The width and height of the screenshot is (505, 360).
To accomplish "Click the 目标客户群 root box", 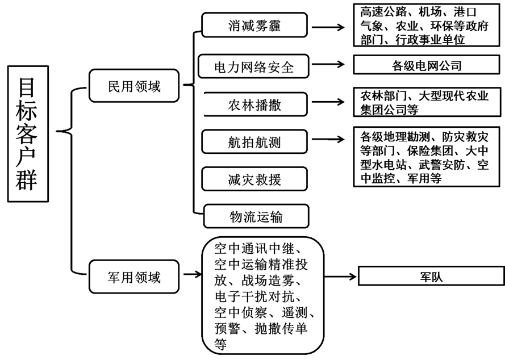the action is coord(28,134).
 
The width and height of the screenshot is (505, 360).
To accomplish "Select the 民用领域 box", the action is coord(134,86).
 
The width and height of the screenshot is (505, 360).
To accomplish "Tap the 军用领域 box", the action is coord(134,277).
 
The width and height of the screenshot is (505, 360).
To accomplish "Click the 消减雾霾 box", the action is coord(254,25).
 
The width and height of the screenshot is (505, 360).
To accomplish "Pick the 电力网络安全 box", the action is coord(254,66).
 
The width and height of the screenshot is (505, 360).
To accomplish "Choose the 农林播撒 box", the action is coord(255,104).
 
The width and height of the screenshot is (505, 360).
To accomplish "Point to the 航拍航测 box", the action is coord(254,142).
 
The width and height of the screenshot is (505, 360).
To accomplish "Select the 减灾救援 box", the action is coord(254,179).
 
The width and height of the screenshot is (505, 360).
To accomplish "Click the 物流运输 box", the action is coord(256,216).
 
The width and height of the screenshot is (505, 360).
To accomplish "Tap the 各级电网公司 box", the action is coord(427,65).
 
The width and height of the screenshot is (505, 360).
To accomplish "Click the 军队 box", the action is coord(432,276).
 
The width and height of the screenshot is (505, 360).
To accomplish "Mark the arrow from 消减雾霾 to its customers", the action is coord(328,27).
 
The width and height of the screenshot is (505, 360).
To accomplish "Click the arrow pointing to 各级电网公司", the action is coord(328,64).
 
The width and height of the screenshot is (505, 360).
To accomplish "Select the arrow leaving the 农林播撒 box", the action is coord(328,102).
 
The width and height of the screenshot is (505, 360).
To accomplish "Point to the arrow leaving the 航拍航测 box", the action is coord(328,139).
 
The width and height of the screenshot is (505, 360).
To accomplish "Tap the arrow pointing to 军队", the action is coord(340,277).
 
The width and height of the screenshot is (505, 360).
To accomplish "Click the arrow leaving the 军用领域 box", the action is coord(193,274).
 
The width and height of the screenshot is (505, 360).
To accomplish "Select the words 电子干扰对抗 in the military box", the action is coord(254,296).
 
